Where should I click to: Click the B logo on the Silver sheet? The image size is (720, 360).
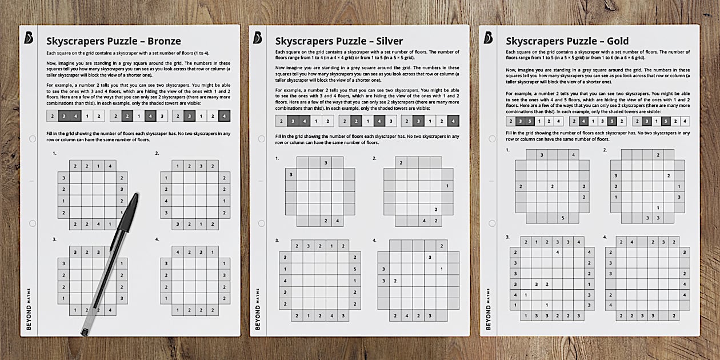click(258, 38)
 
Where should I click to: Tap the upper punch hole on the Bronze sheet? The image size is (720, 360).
click(33, 139)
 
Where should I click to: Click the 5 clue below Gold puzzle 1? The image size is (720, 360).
click(563, 218)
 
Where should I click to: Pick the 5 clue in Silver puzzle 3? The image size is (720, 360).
click(355, 269)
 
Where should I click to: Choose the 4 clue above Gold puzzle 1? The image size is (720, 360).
click(573, 155)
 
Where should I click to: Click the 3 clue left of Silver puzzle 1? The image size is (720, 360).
click(291, 174)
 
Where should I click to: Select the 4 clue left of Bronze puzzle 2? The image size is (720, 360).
click(166, 201)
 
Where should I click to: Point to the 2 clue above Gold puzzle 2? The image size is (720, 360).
click(658, 155)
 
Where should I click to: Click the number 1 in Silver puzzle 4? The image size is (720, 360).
click(441, 269)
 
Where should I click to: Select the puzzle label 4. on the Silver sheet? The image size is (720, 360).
click(375, 241)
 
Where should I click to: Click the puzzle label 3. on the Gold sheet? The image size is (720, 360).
click(507, 237)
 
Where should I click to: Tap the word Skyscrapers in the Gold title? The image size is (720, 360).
click(535, 41)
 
